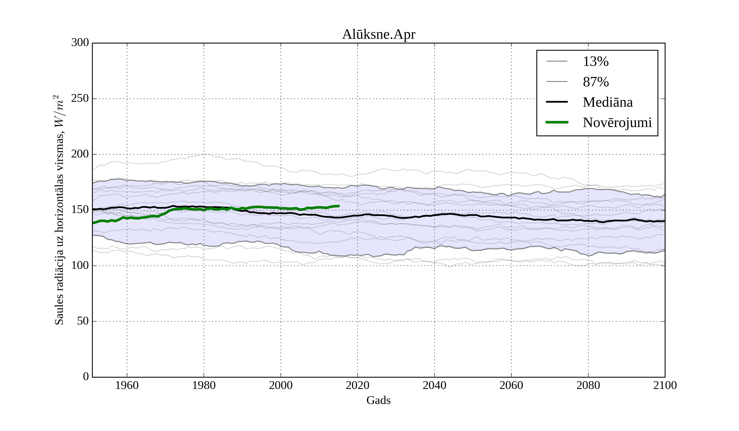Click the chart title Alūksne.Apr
[x=378, y=35]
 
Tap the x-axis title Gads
[x=378, y=400]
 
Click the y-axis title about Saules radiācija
[x=59, y=210]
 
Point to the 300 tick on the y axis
[x=80, y=43]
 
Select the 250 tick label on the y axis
[x=80, y=99]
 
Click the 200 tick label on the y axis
[x=80, y=154]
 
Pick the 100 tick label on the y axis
[x=80, y=265]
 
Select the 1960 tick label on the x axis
[x=127, y=385]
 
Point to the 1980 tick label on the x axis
[x=204, y=385]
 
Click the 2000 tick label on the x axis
[x=281, y=385]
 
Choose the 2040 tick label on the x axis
[x=434, y=385]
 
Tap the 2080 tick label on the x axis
[x=588, y=385]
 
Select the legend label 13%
[x=596, y=62]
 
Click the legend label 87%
[x=596, y=82]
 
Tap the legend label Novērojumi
[x=617, y=123]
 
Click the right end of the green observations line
[x=339, y=206]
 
